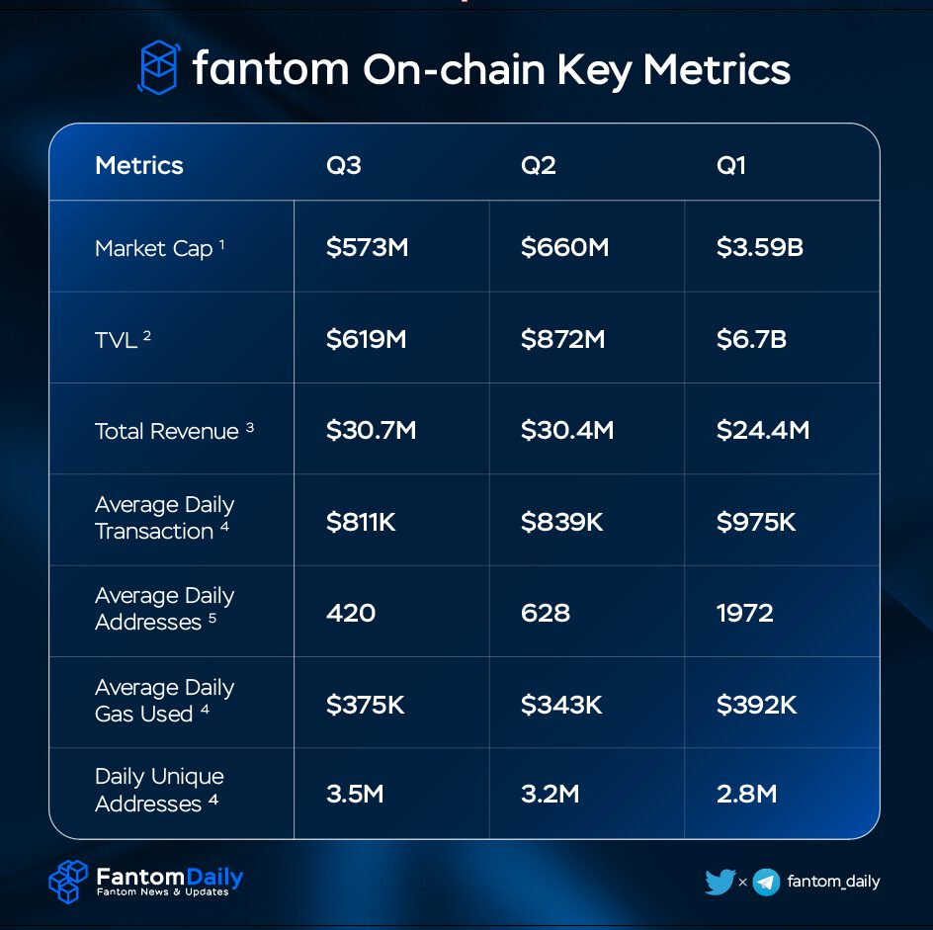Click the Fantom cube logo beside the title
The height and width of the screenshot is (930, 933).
pos(157,68)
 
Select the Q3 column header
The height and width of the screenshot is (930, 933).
pos(344,165)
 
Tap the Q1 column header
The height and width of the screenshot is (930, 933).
pos(731,165)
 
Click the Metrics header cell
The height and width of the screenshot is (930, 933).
pos(139,165)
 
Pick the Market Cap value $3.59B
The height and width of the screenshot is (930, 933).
pos(759,247)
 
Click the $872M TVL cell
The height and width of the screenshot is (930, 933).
pos(562,340)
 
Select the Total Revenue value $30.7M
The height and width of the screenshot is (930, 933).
pos(372,431)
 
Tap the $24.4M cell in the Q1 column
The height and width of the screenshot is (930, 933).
pos(762,431)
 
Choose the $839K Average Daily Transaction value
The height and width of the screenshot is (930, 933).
pos(561,522)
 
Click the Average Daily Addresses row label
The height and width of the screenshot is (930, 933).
pos(164,609)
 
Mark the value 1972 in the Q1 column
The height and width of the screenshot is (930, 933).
pos(744,613)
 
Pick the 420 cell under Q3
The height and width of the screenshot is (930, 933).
pos(351,613)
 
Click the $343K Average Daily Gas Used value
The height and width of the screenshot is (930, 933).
pos(561,705)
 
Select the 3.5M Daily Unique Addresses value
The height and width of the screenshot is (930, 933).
pos(355,794)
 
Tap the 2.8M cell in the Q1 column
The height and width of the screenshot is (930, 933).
pos(746,794)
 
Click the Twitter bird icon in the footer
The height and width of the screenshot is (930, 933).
pos(720,882)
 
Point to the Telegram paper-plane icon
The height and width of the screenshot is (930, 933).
pos(766,882)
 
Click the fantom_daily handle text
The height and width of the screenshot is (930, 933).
pos(833,882)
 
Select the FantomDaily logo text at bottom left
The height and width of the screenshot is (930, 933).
pos(169,877)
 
